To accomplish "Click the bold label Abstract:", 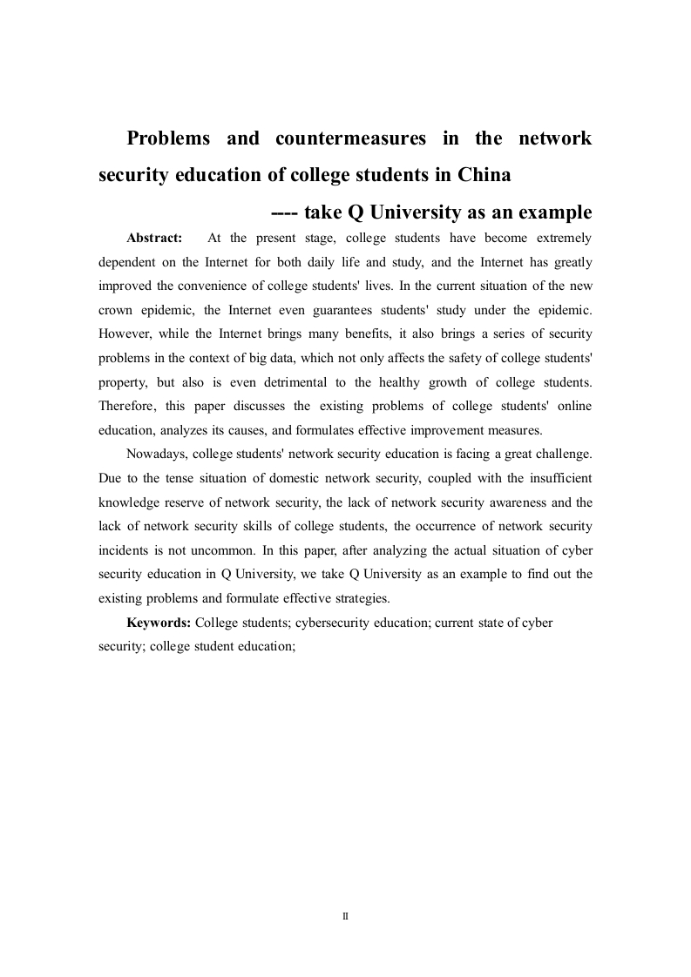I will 154,238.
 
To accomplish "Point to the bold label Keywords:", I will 159,623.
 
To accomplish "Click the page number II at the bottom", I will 345,916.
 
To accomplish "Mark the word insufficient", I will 553,478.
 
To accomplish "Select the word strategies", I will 362,598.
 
